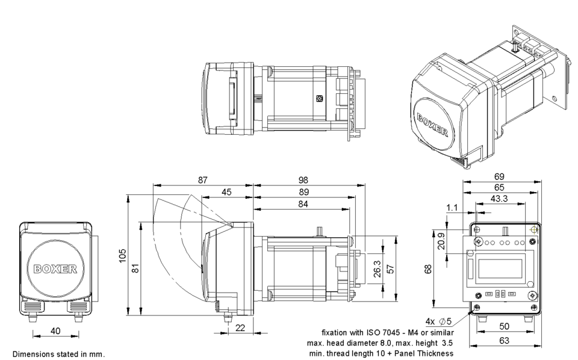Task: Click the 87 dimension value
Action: coord(203,180)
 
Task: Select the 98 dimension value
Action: coord(303,180)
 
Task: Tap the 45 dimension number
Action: coord(226,192)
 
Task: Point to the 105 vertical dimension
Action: coord(122,255)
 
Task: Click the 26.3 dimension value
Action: coord(377,269)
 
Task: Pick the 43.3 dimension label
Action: coord(499,199)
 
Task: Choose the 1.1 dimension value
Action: coord(452,208)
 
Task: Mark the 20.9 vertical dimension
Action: coord(441,241)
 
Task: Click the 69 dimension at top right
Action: coord(499,176)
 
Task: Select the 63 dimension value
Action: coord(504,340)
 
